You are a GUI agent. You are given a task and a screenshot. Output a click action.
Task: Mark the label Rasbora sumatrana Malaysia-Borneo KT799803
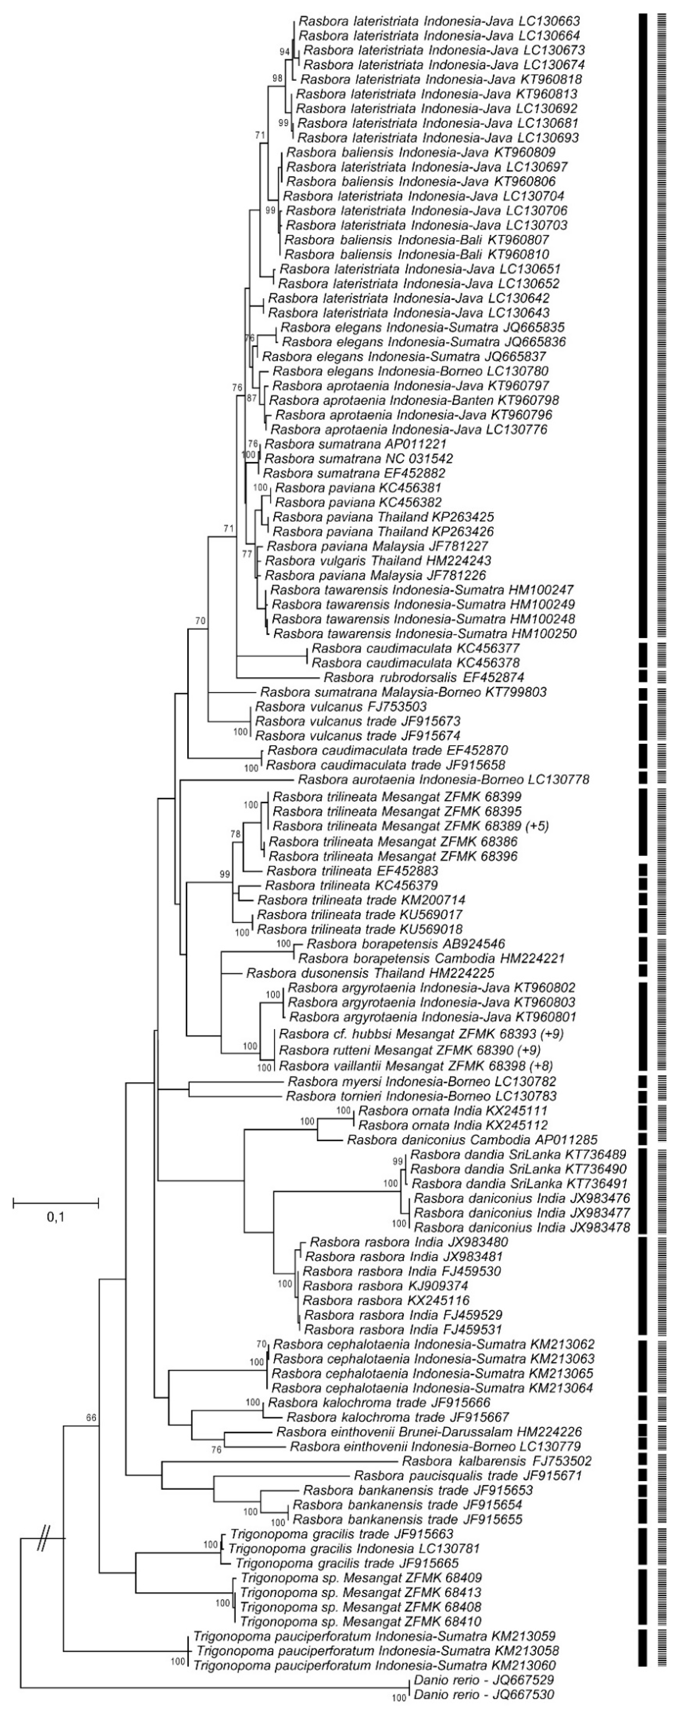coord(403,693)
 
